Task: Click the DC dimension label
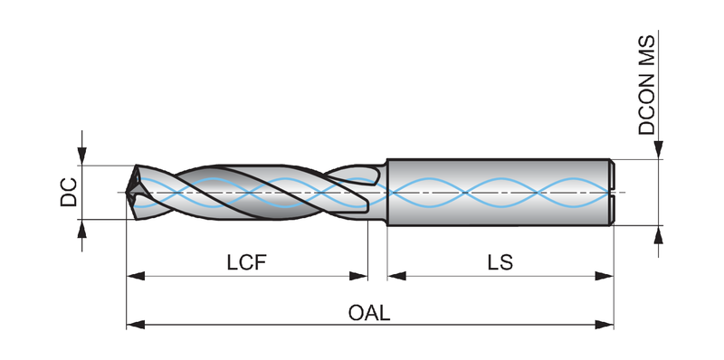tap(69, 192)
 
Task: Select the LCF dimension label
tap(246, 262)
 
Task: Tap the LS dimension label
tap(500, 262)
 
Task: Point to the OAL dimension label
tap(369, 313)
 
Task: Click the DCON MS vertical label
tap(646, 85)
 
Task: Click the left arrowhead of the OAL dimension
tap(136, 325)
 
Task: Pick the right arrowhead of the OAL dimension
tap(605, 325)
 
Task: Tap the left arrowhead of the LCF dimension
tap(136, 276)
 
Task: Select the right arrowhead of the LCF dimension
tap(358, 276)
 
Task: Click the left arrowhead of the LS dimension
tap(397, 276)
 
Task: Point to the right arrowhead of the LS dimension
tap(605, 276)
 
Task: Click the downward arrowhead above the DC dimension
tap(81, 156)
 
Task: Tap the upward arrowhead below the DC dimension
tap(81, 229)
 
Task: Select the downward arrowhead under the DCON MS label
tap(659, 149)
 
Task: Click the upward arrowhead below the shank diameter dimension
tap(659, 234)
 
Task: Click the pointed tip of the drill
tap(127, 192)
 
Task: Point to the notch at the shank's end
tap(612, 192)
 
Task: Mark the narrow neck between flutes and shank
tap(383, 192)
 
